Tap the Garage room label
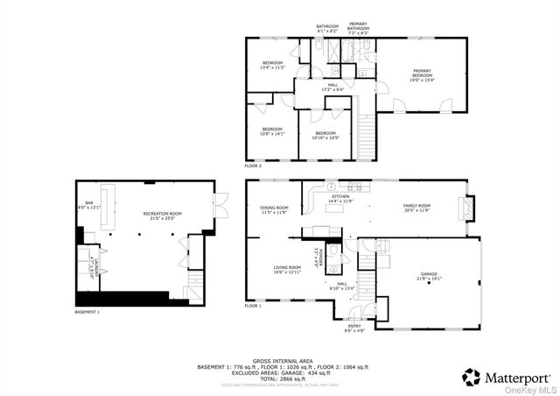tap(429, 276)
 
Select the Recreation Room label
tap(163, 216)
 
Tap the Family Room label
tap(417, 208)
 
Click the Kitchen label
tap(340, 199)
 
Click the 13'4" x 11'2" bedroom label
tap(274, 65)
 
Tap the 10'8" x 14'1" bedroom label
tap(274, 132)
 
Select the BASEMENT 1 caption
tap(87, 312)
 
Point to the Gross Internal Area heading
tap(279, 360)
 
